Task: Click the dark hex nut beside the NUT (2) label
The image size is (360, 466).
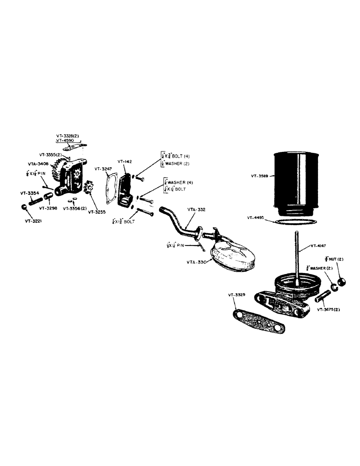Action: coord(341,281)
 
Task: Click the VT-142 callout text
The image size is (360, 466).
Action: coord(125,161)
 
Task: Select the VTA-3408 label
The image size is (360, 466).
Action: coord(38,164)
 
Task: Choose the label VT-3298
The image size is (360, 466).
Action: coord(48,208)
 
